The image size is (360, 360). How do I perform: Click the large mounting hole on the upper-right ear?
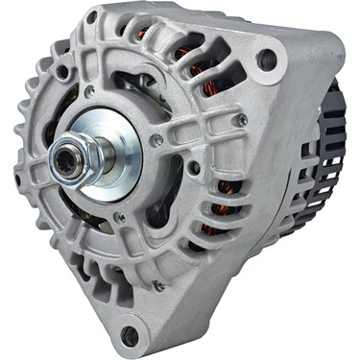point(268,60)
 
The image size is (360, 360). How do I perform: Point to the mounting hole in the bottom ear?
point(129,335)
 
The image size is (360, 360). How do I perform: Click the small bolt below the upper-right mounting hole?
point(243,120)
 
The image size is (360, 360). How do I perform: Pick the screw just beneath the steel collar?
point(119,218)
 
